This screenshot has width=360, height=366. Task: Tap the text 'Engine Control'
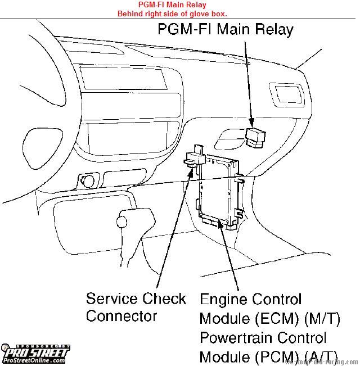[250, 299]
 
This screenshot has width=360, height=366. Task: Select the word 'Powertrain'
[241, 338]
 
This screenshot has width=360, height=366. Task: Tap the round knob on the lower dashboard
[88, 181]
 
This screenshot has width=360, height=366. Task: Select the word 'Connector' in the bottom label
[121, 316]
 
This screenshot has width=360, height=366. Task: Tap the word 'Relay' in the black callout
[272, 29]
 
